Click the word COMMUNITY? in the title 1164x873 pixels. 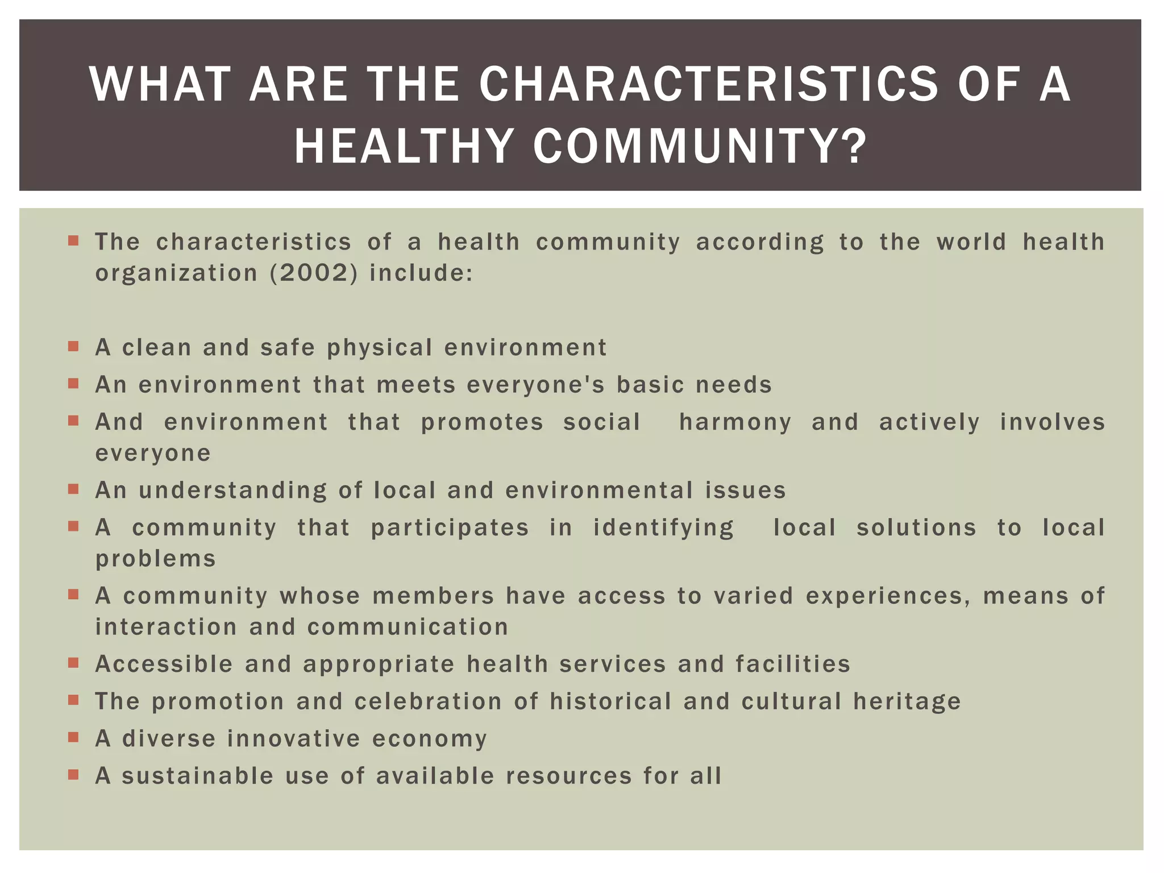pyautogui.click(x=700, y=147)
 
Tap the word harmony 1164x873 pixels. pyautogui.click(x=735, y=423)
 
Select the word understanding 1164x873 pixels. pyautogui.click(x=233, y=491)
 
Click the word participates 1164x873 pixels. pyautogui.click(x=450, y=528)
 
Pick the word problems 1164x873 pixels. pyautogui.click(x=156, y=559)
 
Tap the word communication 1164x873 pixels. pyautogui.click(x=408, y=627)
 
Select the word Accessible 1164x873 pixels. pyautogui.click(x=164, y=664)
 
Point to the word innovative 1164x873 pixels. pyautogui.click(x=293, y=739)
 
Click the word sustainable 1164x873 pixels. pyautogui.click(x=198, y=776)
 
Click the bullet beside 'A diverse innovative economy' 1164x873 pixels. pyautogui.click(x=73, y=737)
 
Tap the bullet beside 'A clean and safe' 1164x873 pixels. pyautogui.click(x=73, y=346)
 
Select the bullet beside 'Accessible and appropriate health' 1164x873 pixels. pyautogui.click(x=73, y=663)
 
